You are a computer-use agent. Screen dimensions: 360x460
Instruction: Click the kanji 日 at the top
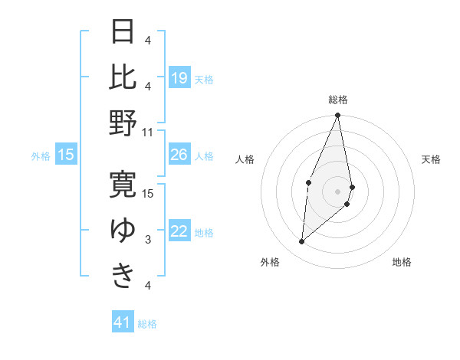(123, 32)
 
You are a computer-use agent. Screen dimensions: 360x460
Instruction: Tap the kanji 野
(123, 123)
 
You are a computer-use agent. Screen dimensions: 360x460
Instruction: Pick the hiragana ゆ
(123, 230)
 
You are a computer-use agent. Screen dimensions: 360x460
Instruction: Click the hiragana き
(123, 275)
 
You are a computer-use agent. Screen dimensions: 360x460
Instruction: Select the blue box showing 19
(179, 78)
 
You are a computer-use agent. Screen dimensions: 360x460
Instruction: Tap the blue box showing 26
(179, 155)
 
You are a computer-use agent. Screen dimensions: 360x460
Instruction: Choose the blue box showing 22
(179, 232)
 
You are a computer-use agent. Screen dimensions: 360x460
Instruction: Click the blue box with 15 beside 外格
(66, 155)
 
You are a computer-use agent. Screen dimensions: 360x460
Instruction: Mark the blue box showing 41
(123, 322)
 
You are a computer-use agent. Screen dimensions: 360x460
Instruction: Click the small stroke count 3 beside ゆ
(148, 240)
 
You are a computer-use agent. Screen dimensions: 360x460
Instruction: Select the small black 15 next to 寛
(149, 193)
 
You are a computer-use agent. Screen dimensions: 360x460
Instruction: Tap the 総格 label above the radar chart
(338, 100)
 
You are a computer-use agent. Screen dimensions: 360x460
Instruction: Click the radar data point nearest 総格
(337, 116)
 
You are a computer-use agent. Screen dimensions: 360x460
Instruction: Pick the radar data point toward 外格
(302, 242)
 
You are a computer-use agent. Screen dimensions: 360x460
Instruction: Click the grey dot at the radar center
(337, 191)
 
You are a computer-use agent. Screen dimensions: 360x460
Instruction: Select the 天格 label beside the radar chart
(432, 159)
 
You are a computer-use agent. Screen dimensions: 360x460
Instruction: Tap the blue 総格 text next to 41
(148, 324)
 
